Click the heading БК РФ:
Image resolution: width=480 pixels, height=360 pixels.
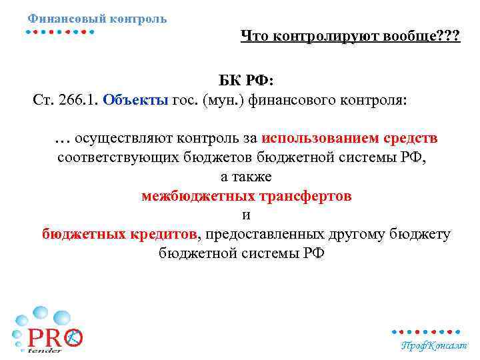pyautogui.click(x=246, y=81)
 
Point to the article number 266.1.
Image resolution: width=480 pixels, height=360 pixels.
pyautogui.click(x=76, y=101)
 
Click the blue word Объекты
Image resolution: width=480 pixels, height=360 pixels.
pyautogui.click(x=135, y=101)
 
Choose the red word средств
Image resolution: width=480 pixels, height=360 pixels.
pyautogui.click(x=411, y=139)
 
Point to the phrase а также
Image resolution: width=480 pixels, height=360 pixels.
pyautogui.click(x=246, y=177)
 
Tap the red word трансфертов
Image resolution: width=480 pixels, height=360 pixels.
pyautogui.click(x=304, y=197)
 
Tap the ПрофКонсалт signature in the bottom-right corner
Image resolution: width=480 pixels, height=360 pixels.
pyautogui.click(x=434, y=345)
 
